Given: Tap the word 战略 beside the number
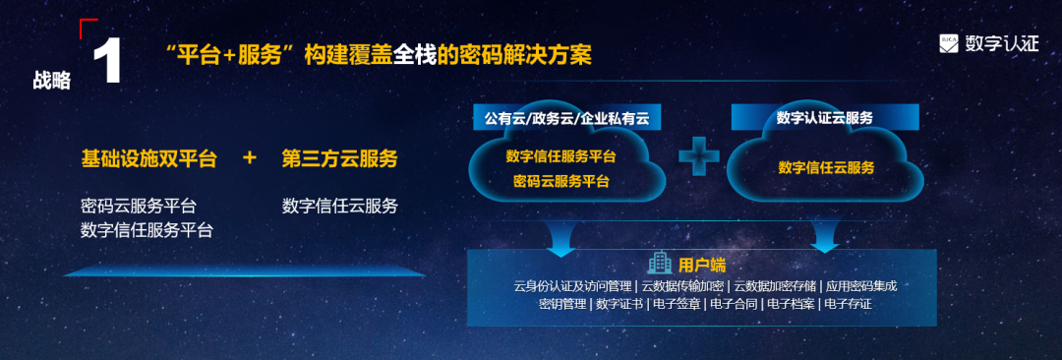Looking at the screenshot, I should click(51, 80).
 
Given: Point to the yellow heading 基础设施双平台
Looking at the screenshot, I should click(148, 158).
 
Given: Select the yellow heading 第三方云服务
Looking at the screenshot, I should click(339, 158).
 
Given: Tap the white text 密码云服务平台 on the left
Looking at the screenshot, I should click(139, 207).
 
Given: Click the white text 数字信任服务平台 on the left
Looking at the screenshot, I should click(147, 230).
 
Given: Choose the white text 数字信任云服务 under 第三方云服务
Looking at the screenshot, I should click(340, 207).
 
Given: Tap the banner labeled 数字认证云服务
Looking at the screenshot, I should click(825, 118).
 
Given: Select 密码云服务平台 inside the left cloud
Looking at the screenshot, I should click(561, 181).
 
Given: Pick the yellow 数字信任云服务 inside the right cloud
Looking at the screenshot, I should click(826, 168).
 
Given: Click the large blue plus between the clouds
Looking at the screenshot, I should click(698, 156).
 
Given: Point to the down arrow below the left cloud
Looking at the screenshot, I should click(561, 236).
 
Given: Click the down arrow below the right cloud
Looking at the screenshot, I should click(824, 236).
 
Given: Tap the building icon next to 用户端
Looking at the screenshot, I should click(659, 263).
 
